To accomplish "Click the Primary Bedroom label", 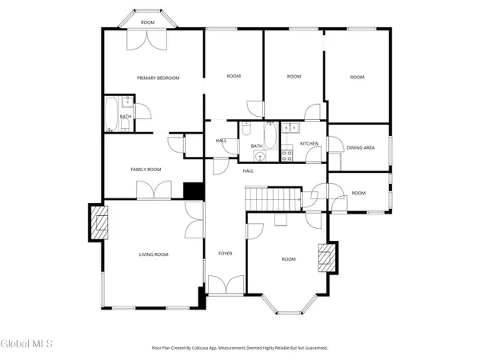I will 158,78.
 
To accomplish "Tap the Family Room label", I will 146,170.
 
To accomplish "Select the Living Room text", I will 154,254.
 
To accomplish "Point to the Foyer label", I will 226,254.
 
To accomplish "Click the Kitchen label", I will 310,144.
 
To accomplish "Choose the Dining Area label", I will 361,147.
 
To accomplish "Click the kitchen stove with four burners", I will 286,155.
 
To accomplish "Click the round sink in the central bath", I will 247,155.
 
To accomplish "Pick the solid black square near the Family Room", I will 193,191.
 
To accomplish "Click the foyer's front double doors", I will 226,284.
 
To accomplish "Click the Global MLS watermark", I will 27,344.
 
